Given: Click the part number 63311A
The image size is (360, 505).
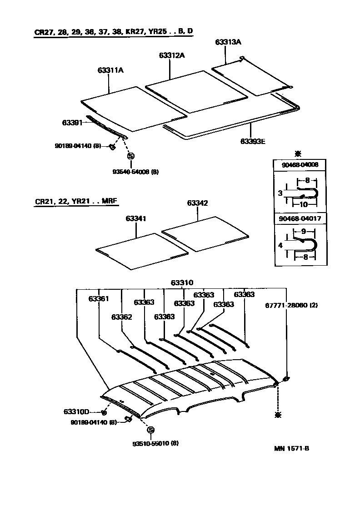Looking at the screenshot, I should [x=110, y=70].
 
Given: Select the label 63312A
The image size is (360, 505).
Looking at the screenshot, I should [x=172, y=55].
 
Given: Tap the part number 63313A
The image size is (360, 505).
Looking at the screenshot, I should [x=228, y=42].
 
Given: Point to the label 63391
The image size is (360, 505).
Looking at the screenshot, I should [x=72, y=123].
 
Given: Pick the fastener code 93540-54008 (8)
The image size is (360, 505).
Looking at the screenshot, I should [x=135, y=172].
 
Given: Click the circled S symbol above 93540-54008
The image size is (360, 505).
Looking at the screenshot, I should [x=131, y=156].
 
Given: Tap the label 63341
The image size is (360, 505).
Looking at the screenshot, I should [x=136, y=219].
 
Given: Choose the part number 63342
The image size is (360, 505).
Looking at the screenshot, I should [x=197, y=203].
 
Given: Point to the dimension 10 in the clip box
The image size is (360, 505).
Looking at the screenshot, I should [x=304, y=204].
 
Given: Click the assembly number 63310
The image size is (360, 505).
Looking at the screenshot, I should [x=182, y=282].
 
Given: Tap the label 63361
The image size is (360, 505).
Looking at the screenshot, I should [x=99, y=298].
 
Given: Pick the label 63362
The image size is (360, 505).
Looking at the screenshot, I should [x=121, y=317].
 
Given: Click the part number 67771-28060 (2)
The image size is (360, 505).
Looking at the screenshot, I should [x=291, y=305].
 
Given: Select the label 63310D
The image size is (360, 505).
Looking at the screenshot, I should [x=75, y=412].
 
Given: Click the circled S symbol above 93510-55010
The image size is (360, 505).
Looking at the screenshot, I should [x=150, y=430].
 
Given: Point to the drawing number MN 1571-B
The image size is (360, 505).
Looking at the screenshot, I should [x=291, y=448].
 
